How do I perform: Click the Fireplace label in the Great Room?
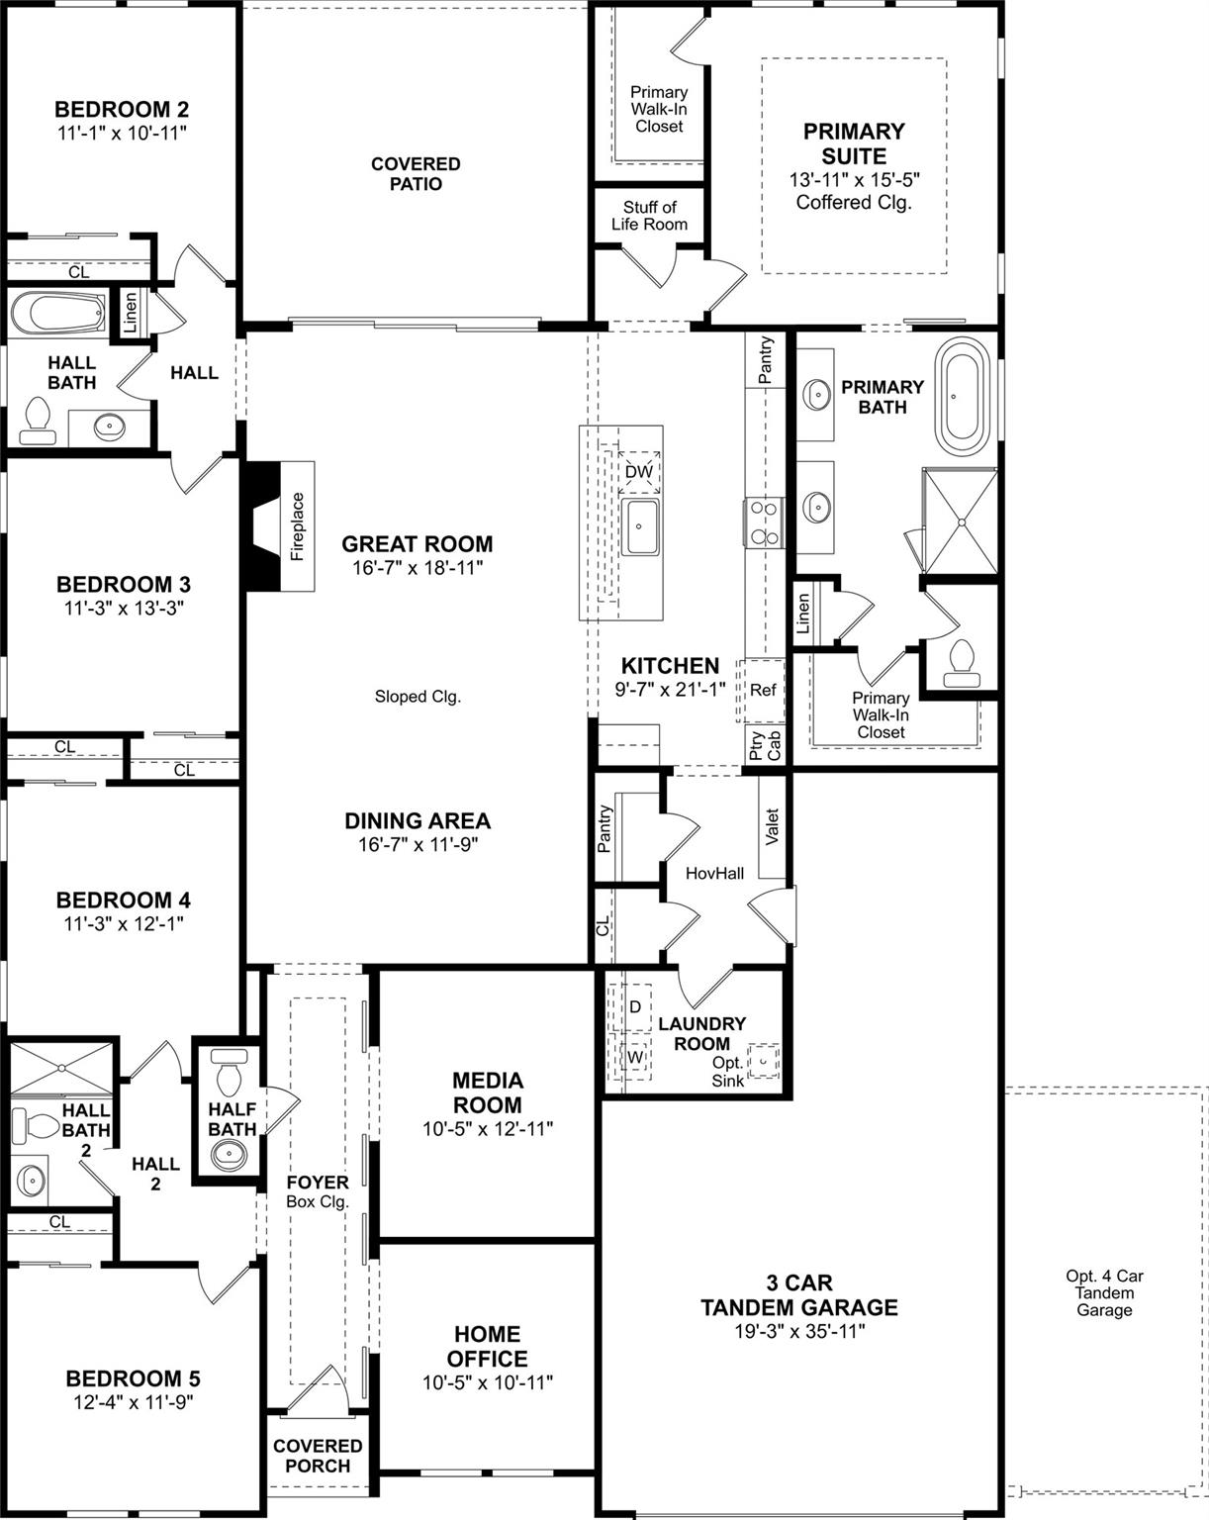tap(298, 526)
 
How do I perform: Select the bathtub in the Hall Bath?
tap(58, 315)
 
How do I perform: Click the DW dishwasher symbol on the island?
tap(638, 472)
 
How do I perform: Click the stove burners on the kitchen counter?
tap(763, 522)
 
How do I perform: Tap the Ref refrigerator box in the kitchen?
tap(763, 690)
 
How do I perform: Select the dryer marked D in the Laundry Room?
tap(635, 1006)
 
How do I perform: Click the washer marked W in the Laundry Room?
tap(635, 1057)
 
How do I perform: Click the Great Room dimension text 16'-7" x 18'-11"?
tap(417, 568)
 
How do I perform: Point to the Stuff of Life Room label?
tap(649, 216)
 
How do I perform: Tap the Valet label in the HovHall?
tap(773, 826)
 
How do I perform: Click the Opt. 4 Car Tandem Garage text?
tap(1104, 1292)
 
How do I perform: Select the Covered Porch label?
tap(318, 1456)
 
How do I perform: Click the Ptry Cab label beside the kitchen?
tap(765, 744)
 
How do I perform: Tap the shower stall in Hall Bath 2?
tap(61, 1068)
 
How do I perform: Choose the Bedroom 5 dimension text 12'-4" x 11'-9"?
tap(133, 1402)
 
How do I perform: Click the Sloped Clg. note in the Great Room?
tap(418, 697)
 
